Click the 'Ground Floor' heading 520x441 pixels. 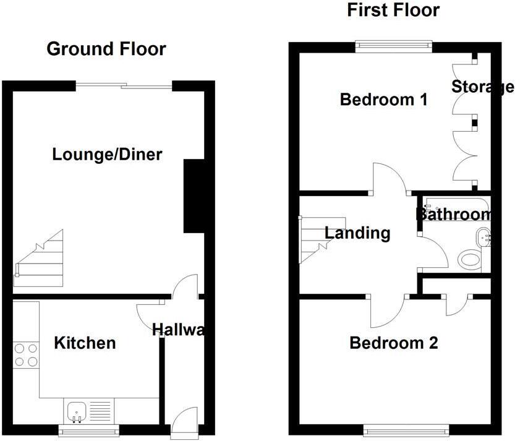pos(106,49)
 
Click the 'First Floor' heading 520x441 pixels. pos(393,10)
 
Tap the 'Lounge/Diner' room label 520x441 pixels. pos(107,154)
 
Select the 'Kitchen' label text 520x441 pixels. pos(85,343)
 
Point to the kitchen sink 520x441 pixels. pos(77,410)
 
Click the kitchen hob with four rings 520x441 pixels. pos(25,354)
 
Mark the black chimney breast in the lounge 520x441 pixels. pos(194,196)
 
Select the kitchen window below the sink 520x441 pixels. pos(88,429)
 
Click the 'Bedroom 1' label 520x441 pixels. pos(383,99)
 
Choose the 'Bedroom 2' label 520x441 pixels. pos(393,343)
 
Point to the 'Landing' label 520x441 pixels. pos(357,233)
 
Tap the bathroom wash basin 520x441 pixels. pos(484,235)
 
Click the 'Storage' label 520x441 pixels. pos(482,87)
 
